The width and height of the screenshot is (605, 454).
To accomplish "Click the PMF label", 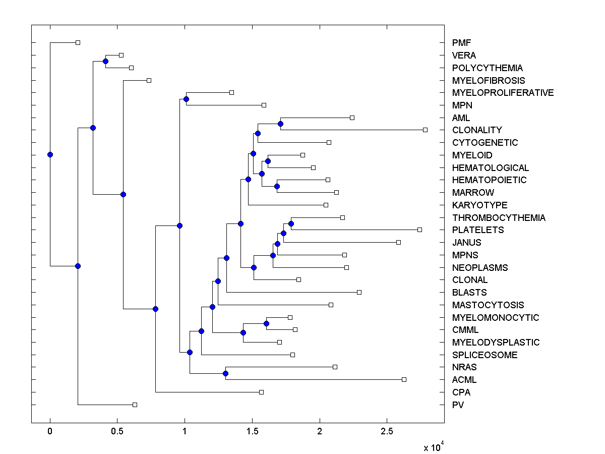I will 461,43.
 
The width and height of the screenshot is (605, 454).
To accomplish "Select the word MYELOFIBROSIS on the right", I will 489,80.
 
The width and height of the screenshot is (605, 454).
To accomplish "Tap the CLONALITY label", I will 477,130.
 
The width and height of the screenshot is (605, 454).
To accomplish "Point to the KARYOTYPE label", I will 479,205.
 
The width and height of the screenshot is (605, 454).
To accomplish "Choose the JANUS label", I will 466,243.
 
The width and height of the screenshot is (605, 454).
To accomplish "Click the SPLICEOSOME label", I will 485,355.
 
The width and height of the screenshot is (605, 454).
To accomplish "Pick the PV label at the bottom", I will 458,405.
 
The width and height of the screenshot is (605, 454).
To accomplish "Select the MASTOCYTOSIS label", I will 488,305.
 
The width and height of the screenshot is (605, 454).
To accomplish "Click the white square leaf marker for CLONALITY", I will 425,130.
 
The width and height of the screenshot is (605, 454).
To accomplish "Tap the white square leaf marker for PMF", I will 78,42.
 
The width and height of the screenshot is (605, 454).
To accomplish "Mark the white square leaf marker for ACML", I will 404,379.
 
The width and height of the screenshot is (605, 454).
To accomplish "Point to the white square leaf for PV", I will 135,405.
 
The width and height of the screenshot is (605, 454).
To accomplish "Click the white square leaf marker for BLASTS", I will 359,292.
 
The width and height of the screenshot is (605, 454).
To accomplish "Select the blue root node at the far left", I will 50,154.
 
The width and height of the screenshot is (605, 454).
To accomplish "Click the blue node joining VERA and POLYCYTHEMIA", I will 105,61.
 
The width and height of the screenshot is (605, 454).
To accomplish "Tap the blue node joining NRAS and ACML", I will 225,373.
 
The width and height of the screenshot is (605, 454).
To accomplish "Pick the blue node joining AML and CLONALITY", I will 280,124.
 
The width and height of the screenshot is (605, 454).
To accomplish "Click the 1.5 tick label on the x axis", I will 252,431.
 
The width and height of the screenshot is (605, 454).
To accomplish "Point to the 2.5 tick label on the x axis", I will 387,431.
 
